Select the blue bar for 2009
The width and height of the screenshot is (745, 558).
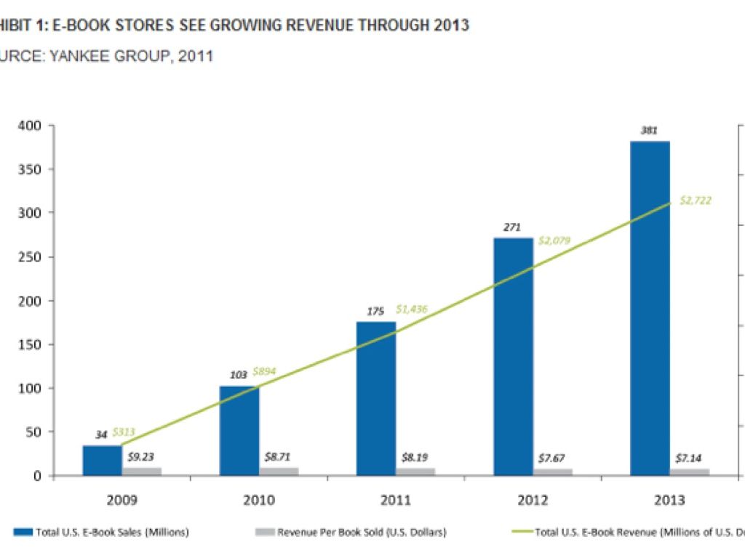coord(102,460)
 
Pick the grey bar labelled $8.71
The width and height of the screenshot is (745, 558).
coord(279,471)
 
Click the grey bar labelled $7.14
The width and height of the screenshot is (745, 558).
coord(689,472)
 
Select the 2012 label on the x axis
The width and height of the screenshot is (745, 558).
coord(533,500)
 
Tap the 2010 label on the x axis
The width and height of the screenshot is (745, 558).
coord(259,500)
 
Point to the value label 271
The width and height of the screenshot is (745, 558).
coord(512,227)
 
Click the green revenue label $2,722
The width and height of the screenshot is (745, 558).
coord(696,200)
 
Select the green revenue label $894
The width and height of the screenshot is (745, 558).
coord(266,372)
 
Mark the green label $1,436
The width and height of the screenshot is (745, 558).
coord(411,309)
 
